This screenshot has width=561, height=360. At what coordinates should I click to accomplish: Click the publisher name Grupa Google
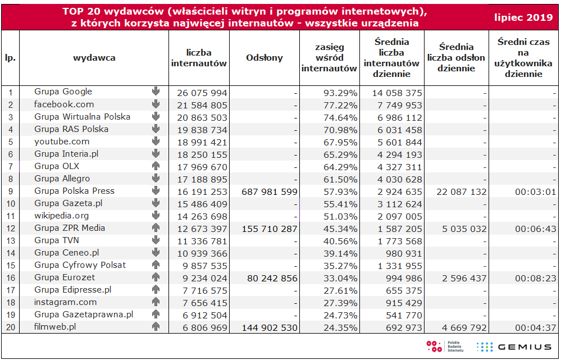coord(63,92)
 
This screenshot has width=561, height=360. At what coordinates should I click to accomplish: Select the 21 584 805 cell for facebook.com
coord(202,105)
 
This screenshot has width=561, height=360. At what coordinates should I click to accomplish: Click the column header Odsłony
coord(264,58)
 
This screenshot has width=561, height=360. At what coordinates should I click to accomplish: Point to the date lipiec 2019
coord(523,18)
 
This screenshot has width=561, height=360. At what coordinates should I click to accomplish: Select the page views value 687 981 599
coord(269,192)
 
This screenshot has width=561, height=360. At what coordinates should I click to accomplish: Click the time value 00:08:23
coord(535,278)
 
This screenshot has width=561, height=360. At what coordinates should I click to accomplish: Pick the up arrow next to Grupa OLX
coord(156,166)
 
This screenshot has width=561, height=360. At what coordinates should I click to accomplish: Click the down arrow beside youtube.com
coord(156,142)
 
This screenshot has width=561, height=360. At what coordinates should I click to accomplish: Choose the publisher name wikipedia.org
coord(61,216)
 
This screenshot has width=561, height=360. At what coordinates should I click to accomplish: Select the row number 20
coord(10,327)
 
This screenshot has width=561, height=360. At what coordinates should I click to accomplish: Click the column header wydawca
coord(94,58)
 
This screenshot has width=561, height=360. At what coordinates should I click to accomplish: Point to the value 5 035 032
coord(463,229)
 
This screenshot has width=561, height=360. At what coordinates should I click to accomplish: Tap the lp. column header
coord(10,58)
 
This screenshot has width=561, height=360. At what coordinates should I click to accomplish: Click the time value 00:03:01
coord(535,192)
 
